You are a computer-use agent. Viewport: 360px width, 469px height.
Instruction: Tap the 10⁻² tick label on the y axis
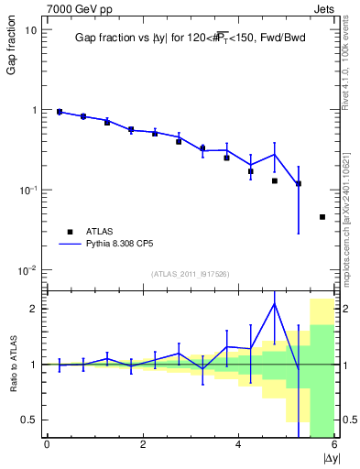[27, 269]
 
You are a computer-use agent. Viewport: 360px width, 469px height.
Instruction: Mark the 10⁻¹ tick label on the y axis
[27, 190]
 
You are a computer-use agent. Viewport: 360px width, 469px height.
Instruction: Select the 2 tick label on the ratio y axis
[33, 309]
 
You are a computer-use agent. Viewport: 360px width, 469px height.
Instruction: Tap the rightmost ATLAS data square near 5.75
[322, 217]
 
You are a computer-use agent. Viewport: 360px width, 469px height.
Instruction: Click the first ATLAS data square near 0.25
[60, 112]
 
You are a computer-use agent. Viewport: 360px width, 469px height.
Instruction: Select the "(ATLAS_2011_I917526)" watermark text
[191, 274]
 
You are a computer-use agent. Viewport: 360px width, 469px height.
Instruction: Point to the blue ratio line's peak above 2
[274, 303]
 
